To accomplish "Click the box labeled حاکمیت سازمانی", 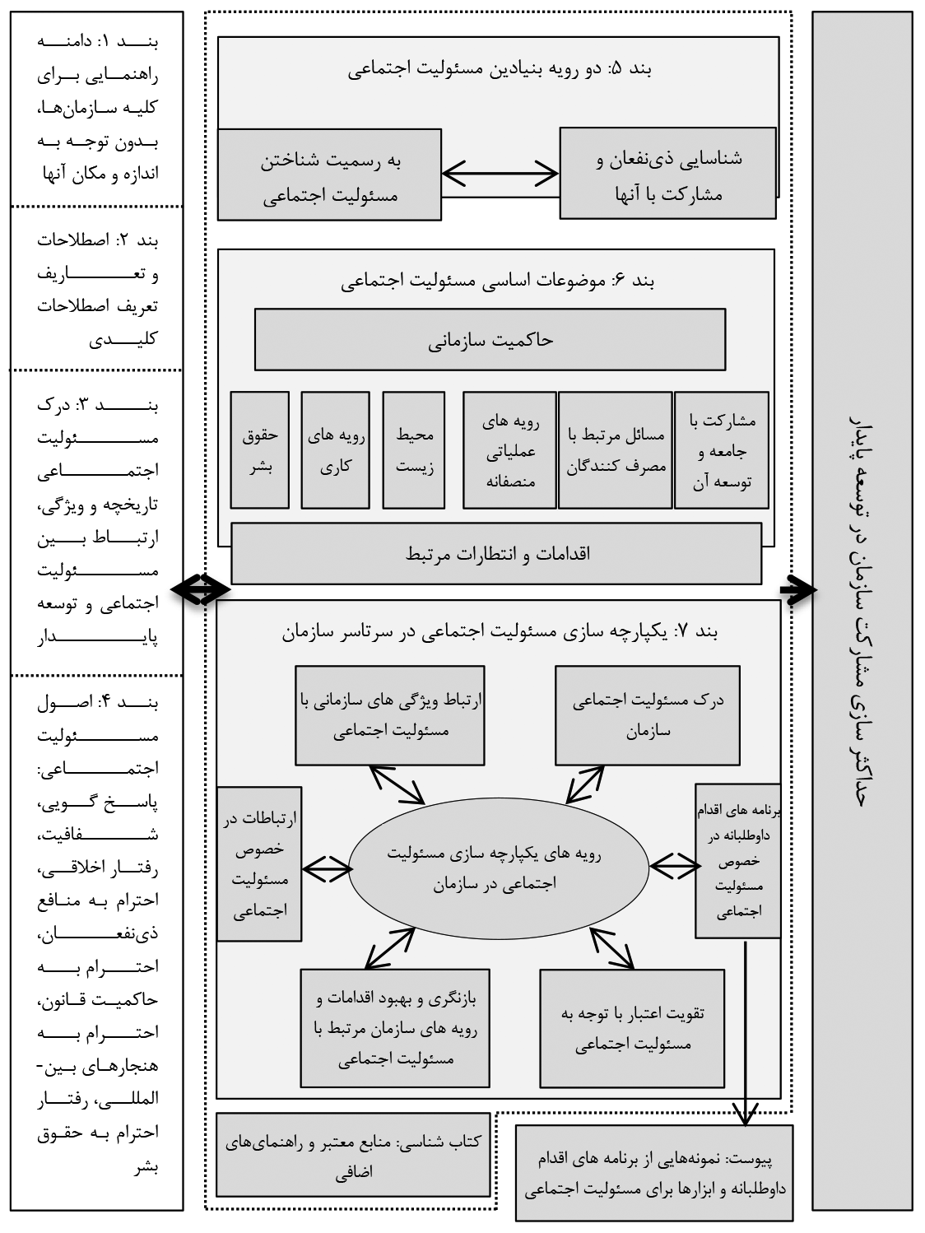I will pyautogui.click(x=490, y=340).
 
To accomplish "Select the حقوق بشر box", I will pyautogui.click(x=260, y=449).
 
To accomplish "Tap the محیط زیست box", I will pyautogui.click(x=414, y=449).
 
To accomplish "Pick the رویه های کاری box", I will pyautogui.click(x=335, y=449).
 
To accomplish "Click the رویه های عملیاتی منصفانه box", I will pyautogui.click(x=509, y=449).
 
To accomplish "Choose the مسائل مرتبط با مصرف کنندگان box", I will pyautogui.click(x=615, y=449).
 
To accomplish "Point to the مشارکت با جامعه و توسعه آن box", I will pyautogui.click(x=721, y=449).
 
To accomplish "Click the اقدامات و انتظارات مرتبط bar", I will pyautogui.click(x=496, y=553).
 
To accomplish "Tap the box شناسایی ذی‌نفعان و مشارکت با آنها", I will pyautogui.click(x=667, y=173).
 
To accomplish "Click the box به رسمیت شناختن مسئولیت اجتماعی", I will pyautogui.click(x=329, y=174).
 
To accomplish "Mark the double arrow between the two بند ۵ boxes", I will pyautogui.click(x=500, y=174).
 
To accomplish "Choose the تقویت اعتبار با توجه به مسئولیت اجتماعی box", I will pyautogui.click(x=633, y=1028).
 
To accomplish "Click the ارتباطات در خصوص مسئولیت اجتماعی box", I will pyautogui.click(x=259, y=863).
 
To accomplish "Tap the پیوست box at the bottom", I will pyautogui.click(x=655, y=1173).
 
